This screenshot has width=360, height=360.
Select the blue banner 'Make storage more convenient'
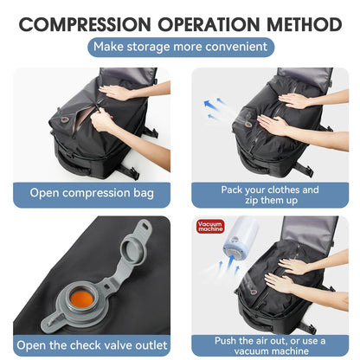[x=180, y=47]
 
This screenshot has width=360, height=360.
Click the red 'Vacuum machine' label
[x=211, y=228]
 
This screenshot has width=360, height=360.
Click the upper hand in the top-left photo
[x=117, y=92]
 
